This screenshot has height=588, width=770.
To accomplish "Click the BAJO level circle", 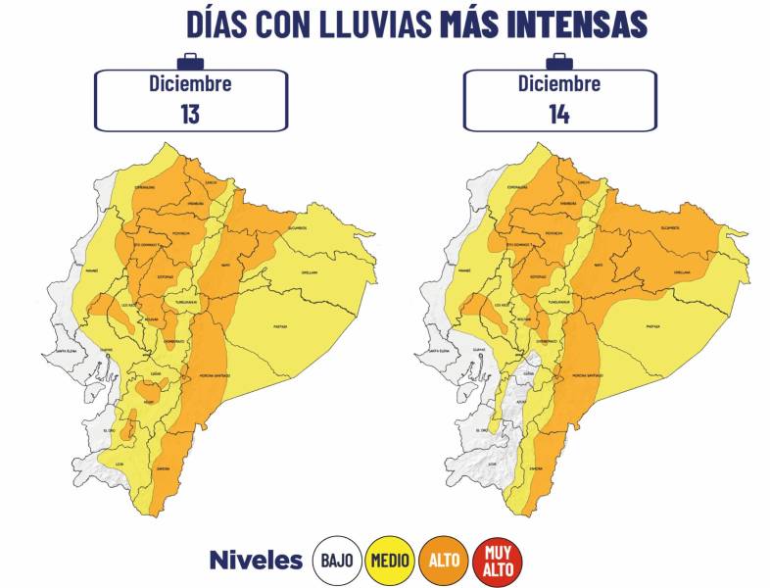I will pyautogui.click(x=335, y=562).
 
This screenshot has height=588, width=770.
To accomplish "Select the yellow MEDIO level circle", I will pyautogui.click(x=388, y=562).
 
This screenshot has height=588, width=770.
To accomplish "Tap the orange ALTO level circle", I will pyautogui.click(x=443, y=562).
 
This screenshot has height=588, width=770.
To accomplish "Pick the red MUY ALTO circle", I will pyautogui.click(x=498, y=562).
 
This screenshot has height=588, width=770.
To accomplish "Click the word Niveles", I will pyautogui.click(x=256, y=562).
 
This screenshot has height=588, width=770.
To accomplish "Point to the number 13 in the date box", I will pyautogui.click(x=190, y=113).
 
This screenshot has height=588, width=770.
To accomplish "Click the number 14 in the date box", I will pyautogui.click(x=559, y=113).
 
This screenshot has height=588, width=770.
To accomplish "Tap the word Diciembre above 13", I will pyautogui.click(x=190, y=83).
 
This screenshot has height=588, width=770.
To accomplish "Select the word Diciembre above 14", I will pyautogui.click(x=559, y=83).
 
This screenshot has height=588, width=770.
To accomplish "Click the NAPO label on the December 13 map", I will pyautogui.click(x=253, y=265).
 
